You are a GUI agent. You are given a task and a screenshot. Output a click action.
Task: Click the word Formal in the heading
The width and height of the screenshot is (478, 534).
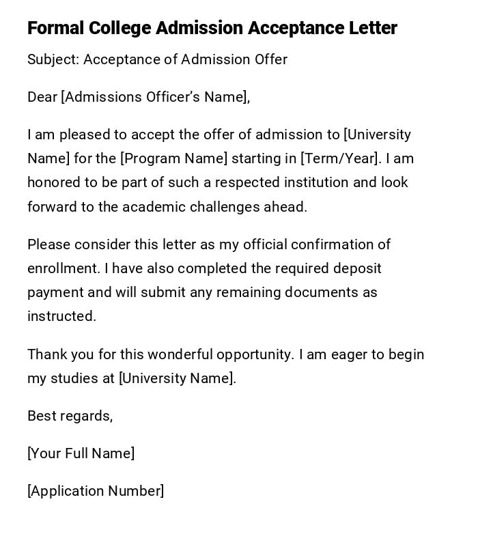55,28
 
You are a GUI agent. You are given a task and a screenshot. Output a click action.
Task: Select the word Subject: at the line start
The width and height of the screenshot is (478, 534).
53,59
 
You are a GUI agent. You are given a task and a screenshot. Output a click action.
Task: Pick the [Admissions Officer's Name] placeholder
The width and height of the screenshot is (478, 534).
154,97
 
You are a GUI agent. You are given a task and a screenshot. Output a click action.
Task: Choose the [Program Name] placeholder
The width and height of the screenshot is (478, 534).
173,158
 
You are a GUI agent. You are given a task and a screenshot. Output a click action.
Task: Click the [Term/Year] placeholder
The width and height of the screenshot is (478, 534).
339,158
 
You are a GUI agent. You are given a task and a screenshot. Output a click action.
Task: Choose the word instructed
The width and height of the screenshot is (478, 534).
61,316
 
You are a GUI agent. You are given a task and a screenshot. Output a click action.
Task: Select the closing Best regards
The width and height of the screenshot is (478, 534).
70,416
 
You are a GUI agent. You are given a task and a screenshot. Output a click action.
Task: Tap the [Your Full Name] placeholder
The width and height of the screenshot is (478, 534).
81,453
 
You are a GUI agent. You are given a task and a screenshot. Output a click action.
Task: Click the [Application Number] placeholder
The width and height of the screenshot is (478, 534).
96,491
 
